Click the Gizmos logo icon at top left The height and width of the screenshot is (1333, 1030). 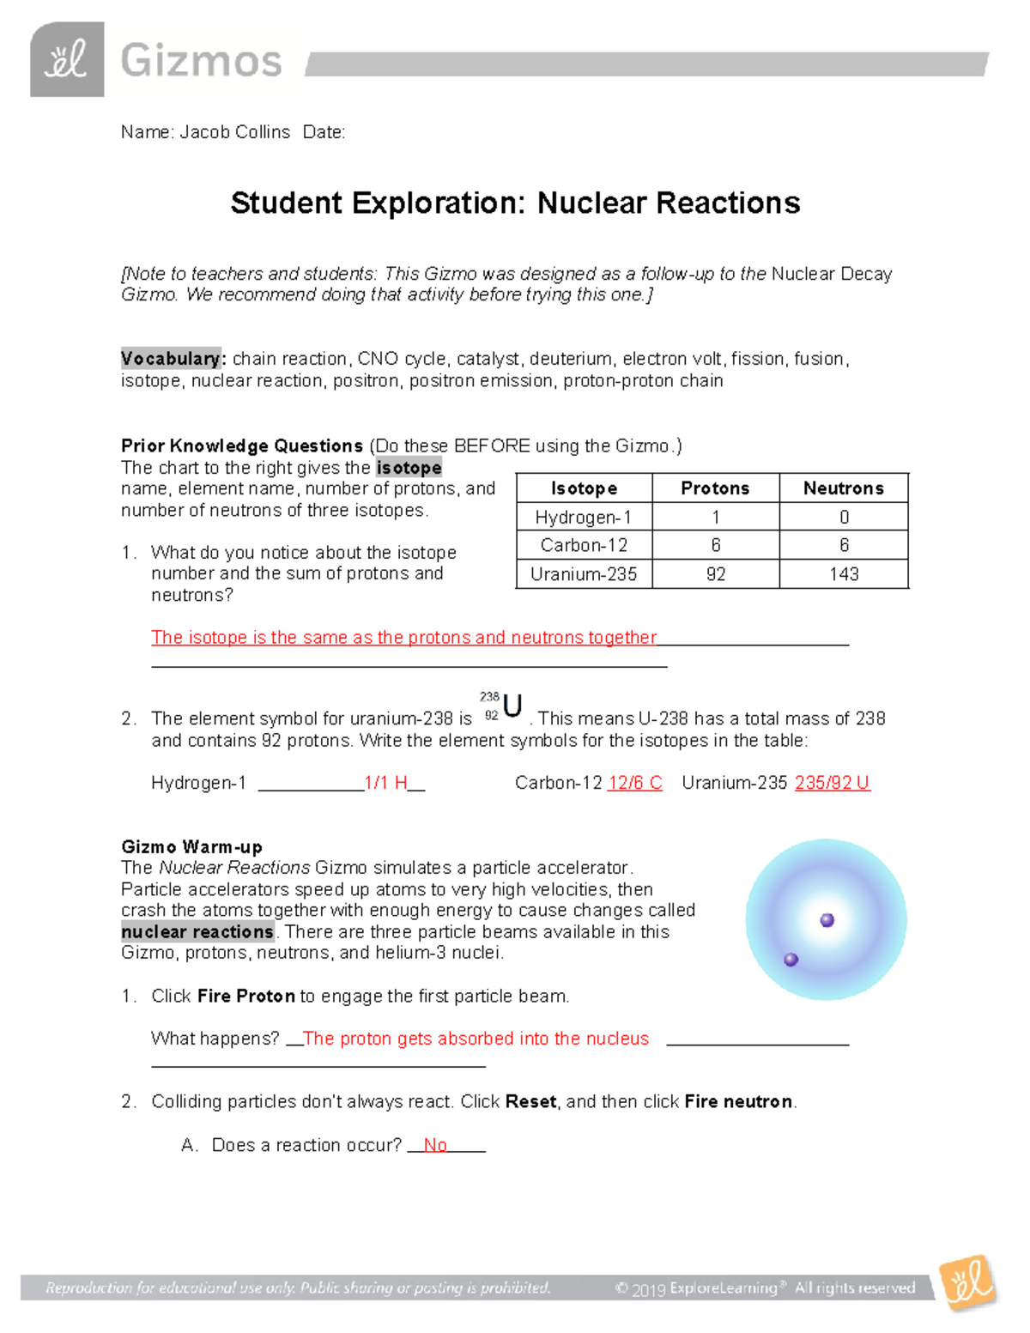67,59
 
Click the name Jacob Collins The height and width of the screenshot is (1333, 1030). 234,132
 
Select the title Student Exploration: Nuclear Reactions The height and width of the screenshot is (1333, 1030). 515,203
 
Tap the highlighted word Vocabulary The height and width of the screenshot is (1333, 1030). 170,359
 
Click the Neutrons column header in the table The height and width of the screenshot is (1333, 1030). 843,488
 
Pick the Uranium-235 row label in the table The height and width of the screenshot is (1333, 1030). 584,574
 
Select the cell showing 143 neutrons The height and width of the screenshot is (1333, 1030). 843,574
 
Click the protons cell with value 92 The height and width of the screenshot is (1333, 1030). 715,574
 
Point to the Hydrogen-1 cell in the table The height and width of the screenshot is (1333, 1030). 584,517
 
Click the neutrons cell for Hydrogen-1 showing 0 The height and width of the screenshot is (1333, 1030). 843,517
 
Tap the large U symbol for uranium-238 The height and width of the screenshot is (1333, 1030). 512,706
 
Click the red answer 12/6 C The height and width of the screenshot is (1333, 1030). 634,783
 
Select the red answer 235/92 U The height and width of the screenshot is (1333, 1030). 832,783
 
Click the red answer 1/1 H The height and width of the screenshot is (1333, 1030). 385,783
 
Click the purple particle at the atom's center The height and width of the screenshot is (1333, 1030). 827,920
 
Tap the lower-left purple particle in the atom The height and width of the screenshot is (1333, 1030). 791,960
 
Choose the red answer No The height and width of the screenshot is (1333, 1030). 435,1145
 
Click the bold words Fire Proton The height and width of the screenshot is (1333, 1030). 246,996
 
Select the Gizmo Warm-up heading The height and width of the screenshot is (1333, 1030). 191,847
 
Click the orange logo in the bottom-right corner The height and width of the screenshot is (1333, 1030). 968,1284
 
